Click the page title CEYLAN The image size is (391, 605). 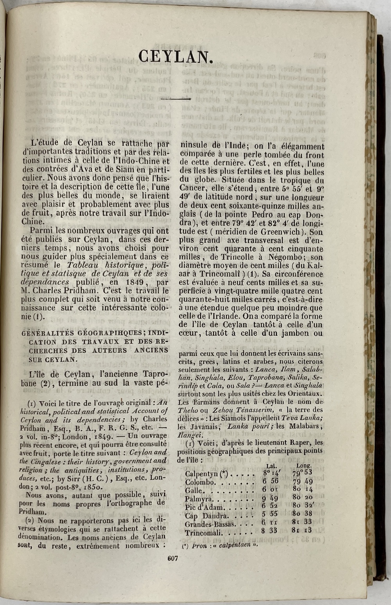(x=176, y=57)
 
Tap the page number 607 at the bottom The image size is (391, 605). (x=172, y=559)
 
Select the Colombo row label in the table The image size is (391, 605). (x=199, y=482)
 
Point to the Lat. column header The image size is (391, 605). (x=271, y=466)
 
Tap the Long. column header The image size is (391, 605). (x=304, y=465)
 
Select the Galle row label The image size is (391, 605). (x=194, y=491)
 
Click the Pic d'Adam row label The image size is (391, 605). (x=205, y=508)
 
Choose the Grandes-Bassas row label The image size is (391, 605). (x=210, y=525)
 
